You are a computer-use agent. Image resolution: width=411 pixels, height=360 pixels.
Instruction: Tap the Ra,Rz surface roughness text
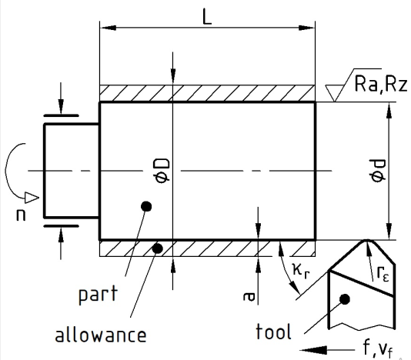pyautogui.click(x=380, y=84)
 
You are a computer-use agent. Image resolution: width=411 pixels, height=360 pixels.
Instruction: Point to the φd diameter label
pyautogui.click(x=377, y=171)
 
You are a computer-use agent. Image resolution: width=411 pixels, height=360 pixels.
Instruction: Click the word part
pyautogui.click(x=98, y=295)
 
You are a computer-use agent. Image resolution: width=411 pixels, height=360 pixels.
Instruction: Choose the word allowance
pyautogui.click(x=101, y=335)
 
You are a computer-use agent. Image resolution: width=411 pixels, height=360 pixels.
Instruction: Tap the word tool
pyautogui.click(x=273, y=332)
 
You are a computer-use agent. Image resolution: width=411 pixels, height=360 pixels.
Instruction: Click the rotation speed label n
pyautogui.click(x=21, y=215)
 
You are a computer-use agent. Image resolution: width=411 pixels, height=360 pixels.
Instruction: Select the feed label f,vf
pyautogui.click(x=378, y=349)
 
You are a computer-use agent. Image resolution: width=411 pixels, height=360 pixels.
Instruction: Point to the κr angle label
pyautogui.click(x=301, y=271)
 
